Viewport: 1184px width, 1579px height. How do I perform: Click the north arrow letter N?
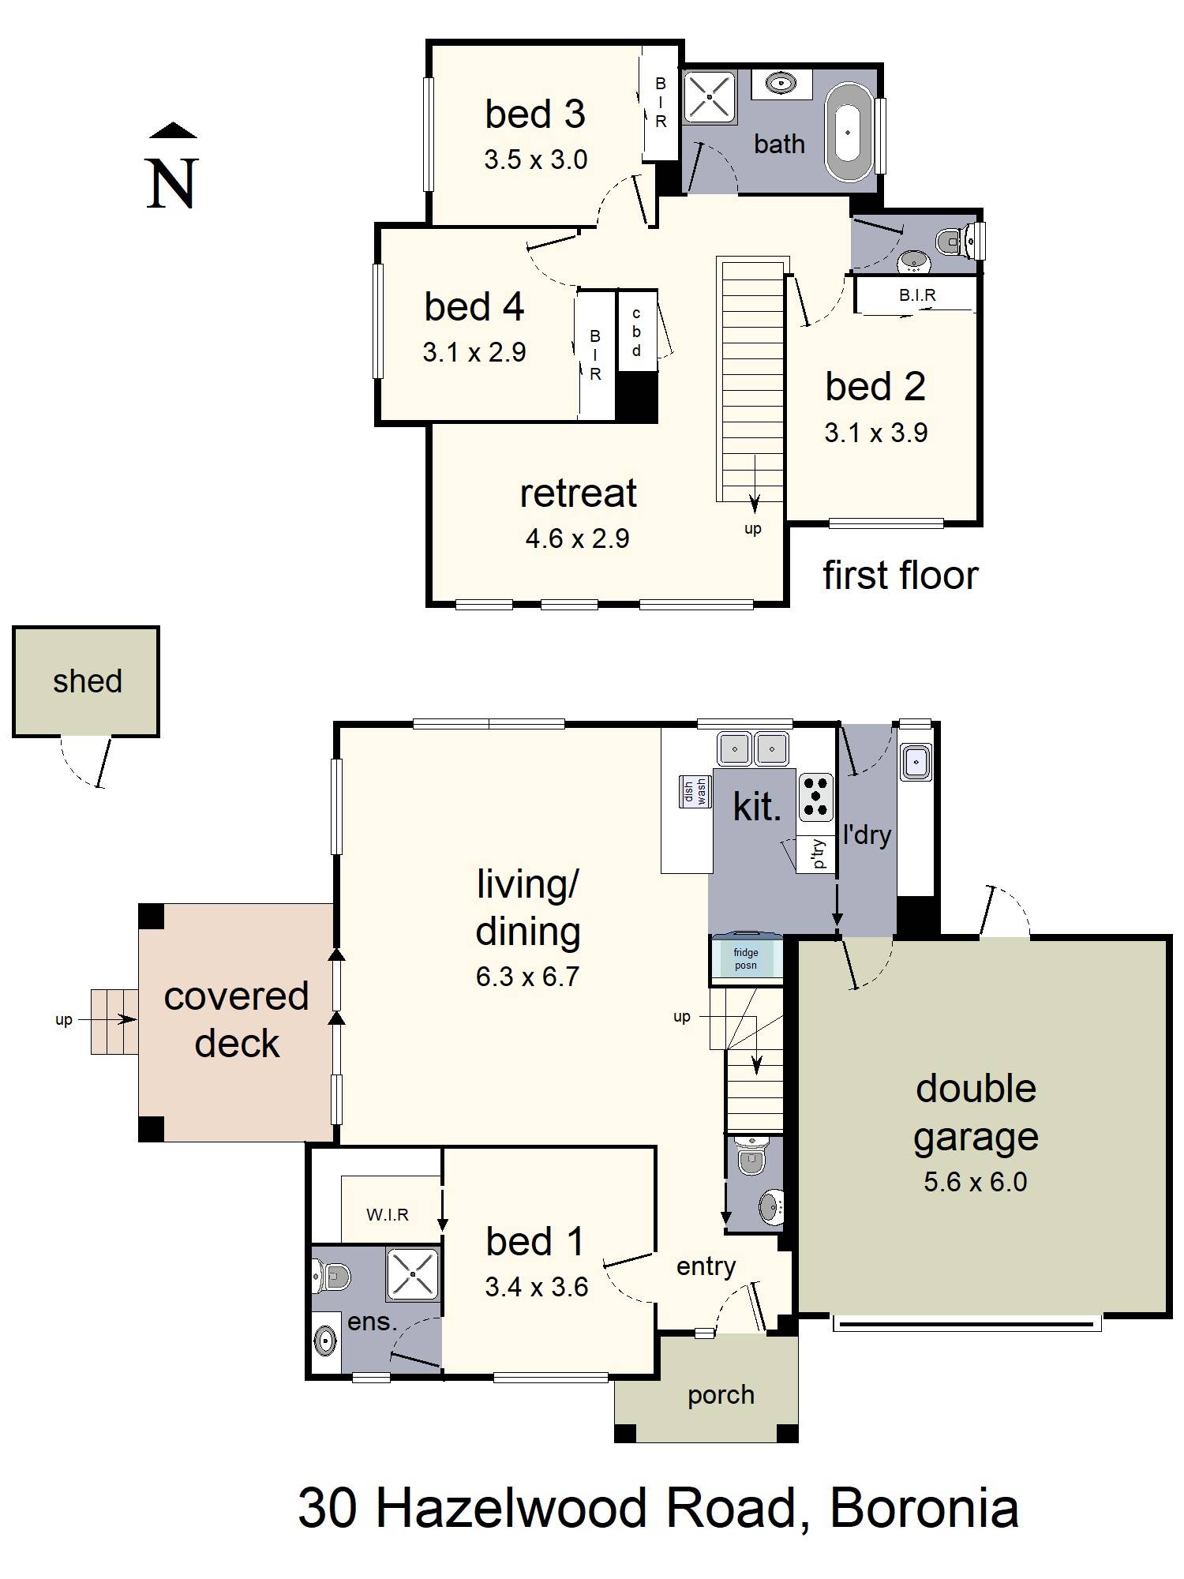(x=171, y=183)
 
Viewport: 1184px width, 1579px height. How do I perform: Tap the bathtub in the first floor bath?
(x=848, y=133)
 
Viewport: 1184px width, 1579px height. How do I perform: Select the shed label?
(x=87, y=681)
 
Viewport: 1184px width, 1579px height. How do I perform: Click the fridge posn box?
(x=746, y=958)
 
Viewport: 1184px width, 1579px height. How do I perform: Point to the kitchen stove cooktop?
(x=816, y=797)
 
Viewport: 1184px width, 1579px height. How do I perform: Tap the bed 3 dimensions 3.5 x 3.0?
(x=535, y=160)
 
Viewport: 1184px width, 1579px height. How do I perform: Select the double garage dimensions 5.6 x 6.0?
(x=975, y=1182)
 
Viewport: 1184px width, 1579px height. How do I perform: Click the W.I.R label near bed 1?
(x=388, y=1215)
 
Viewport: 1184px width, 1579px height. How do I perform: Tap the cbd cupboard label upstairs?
(x=636, y=332)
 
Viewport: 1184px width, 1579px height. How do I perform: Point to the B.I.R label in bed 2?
(x=917, y=295)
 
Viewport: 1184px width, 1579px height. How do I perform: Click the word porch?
(x=721, y=1395)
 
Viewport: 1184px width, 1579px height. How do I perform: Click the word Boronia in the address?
(x=924, y=1508)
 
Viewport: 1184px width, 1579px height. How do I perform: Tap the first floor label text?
(x=900, y=575)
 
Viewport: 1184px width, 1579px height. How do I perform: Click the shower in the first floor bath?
(x=709, y=97)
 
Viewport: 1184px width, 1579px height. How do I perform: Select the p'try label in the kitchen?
(x=819, y=853)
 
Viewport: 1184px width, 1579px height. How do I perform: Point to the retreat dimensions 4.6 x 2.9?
(x=577, y=539)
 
